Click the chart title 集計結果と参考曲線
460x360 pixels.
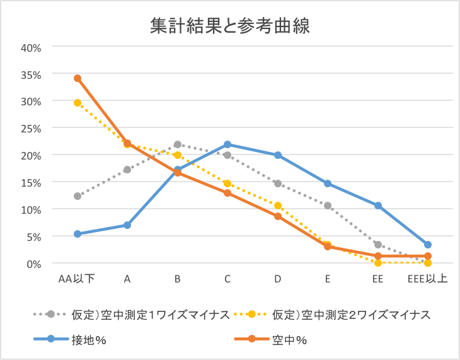click(x=230, y=25)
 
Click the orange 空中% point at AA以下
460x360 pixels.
click(x=78, y=78)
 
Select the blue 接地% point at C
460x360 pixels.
click(x=227, y=144)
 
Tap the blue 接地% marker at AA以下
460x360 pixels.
click(x=78, y=234)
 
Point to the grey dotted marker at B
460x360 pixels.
click(x=178, y=144)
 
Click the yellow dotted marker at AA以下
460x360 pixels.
click(x=78, y=103)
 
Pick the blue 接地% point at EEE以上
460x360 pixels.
click(x=428, y=245)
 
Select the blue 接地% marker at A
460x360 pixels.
click(x=127, y=225)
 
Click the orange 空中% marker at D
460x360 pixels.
click(x=278, y=216)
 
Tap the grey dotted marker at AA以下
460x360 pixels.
click(x=78, y=196)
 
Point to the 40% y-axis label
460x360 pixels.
click(x=31, y=47)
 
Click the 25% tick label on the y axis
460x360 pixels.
click(x=31, y=128)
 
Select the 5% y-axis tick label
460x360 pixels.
click(x=33, y=236)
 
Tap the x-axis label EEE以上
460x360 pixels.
click(x=427, y=278)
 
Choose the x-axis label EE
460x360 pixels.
click(x=378, y=278)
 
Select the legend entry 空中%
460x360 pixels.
click(x=289, y=339)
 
